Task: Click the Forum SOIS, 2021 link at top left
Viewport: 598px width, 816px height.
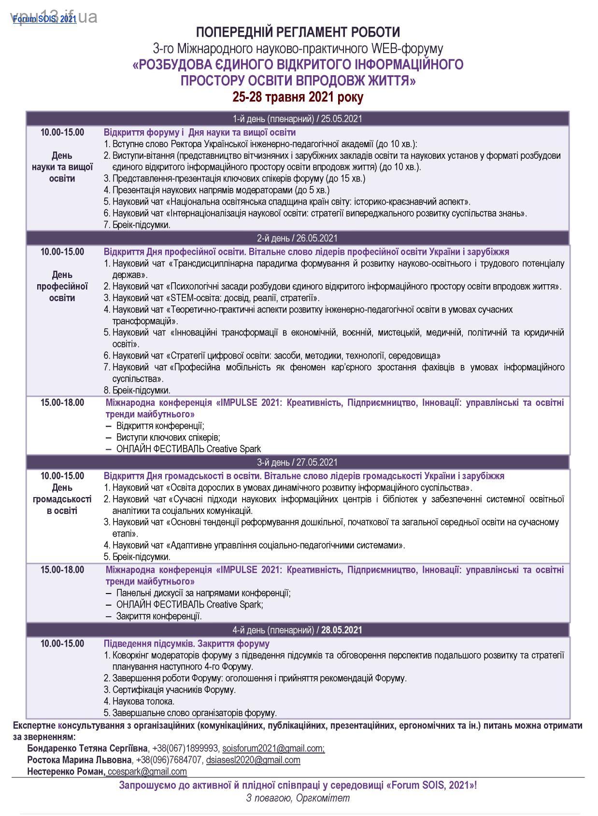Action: tap(44, 19)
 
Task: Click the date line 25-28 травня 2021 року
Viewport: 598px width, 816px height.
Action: tap(298, 97)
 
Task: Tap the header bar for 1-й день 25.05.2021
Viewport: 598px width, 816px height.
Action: tap(298, 119)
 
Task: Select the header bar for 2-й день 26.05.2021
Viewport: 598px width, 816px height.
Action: tap(298, 238)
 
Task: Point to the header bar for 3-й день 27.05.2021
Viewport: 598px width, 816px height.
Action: tap(298, 462)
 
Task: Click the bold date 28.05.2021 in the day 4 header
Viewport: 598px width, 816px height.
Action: tap(341, 630)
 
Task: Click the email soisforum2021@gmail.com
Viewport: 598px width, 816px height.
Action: tap(273, 748)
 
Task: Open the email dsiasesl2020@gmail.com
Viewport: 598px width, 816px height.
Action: tap(253, 760)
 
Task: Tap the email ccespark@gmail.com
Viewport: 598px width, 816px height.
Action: tap(147, 772)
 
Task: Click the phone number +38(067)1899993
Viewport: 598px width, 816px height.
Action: tap(185, 748)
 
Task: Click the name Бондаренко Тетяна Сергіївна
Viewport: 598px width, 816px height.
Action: tap(87, 748)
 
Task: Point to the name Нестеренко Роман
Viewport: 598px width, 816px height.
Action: tap(66, 772)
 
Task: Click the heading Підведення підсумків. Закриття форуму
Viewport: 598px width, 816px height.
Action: tap(186, 643)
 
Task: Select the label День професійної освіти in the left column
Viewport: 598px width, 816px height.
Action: tap(62, 286)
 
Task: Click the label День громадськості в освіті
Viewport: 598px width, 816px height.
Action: tap(62, 499)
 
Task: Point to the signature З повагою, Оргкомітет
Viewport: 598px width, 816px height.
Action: tap(298, 798)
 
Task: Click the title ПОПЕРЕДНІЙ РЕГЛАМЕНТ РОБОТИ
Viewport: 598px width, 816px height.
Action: tap(298, 32)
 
